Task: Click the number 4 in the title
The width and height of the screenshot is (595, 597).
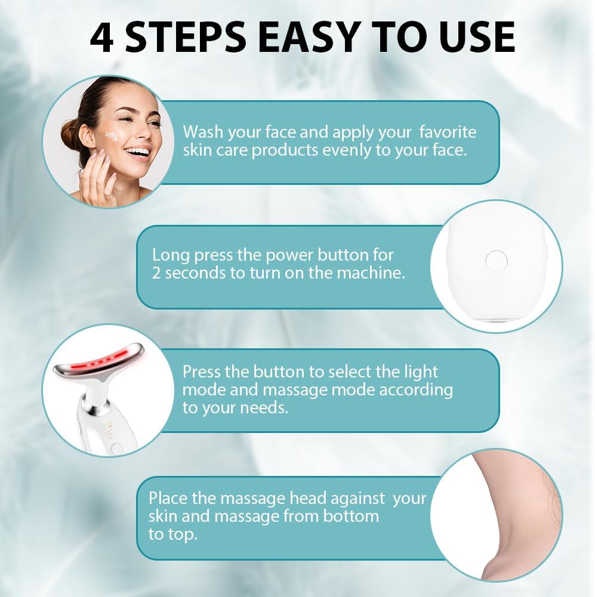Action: click(103, 37)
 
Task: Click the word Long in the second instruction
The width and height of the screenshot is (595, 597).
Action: click(171, 255)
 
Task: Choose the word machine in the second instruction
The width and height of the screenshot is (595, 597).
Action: click(373, 273)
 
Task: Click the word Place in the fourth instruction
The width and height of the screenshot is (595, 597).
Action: click(169, 498)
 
